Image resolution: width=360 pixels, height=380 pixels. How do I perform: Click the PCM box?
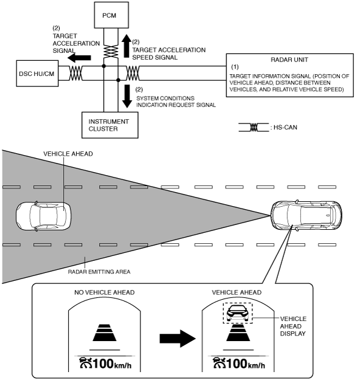point(111,15)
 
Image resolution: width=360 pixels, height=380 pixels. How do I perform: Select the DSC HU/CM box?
point(37,74)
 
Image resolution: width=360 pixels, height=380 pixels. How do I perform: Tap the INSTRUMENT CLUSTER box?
point(110,125)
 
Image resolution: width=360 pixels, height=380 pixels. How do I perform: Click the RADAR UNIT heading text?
point(289,60)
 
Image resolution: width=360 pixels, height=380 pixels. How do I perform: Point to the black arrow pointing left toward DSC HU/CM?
point(79,58)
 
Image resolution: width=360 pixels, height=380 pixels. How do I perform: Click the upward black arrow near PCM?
point(126,46)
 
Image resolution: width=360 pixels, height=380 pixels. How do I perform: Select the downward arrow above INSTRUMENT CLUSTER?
point(126,96)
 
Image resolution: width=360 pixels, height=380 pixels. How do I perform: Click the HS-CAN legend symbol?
point(254,128)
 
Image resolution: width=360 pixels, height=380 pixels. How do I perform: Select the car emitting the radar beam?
point(306,215)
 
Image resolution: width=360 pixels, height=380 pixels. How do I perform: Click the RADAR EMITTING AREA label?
point(99,272)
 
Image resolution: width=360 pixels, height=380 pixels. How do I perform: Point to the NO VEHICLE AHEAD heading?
point(104,292)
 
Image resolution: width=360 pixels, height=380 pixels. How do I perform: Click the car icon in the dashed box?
point(238,313)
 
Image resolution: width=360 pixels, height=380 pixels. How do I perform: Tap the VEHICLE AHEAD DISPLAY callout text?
point(293,326)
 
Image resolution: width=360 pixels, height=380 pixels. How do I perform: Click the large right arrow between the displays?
point(178,338)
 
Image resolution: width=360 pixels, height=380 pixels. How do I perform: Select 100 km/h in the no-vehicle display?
point(112,364)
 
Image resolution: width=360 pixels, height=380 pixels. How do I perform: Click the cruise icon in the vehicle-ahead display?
point(220,363)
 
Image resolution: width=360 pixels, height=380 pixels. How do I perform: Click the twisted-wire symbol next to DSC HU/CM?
point(75,73)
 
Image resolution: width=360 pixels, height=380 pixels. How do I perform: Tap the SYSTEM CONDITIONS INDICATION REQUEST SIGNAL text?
point(176,102)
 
